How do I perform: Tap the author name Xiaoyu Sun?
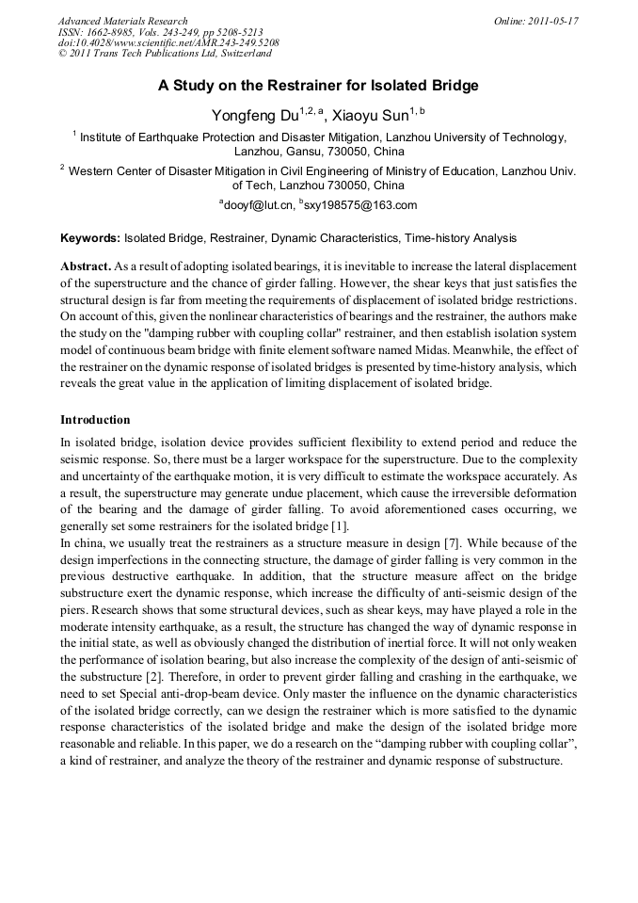click(375, 115)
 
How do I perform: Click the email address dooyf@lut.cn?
click(257, 204)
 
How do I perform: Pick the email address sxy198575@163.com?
click(361, 204)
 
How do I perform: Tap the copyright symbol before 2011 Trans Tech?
click(62, 55)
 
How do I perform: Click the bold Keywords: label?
click(90, 238)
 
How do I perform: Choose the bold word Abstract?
click(87, 266)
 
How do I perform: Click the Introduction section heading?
click(95, 419)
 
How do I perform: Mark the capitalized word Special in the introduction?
click(143, 695)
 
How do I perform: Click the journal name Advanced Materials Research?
click(123, 21)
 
